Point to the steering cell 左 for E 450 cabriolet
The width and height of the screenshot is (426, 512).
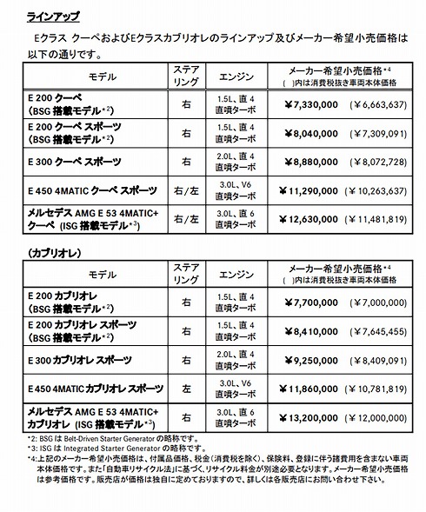point(187,389)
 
